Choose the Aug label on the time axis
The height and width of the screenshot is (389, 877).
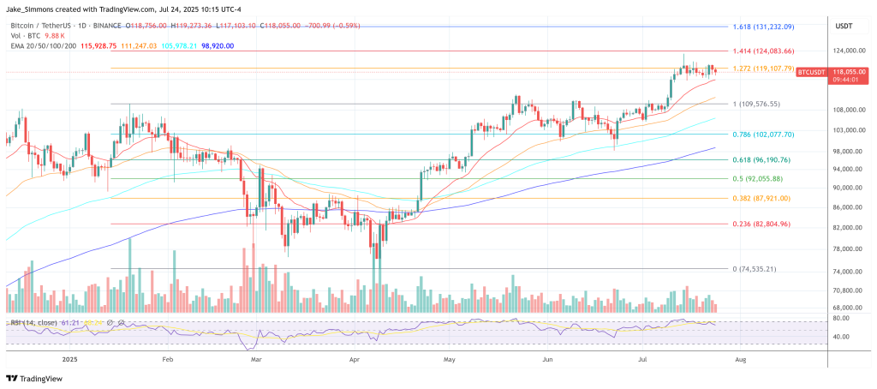click(740, 361)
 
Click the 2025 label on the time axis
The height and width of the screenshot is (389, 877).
click(69, 361)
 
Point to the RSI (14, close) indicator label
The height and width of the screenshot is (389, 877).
click(33, 322)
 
